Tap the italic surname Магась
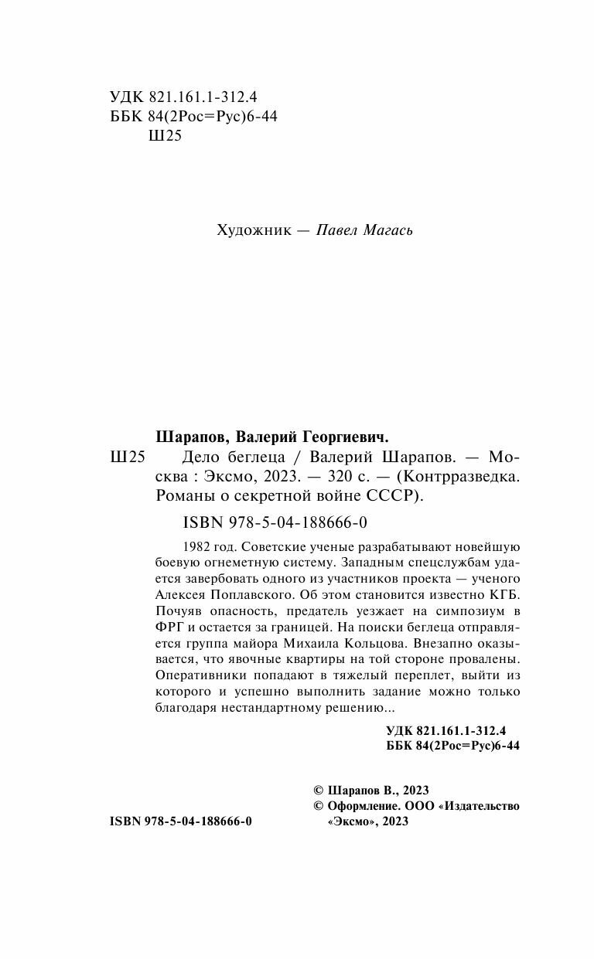pyautogui.click(x=389, y=230)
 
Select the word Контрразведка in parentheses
pyautogui.click(x=462, y=476)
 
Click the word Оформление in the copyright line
pyautogui.click(x=362, y=806)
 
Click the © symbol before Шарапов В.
pyautogui.click(x=319, y=791)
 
